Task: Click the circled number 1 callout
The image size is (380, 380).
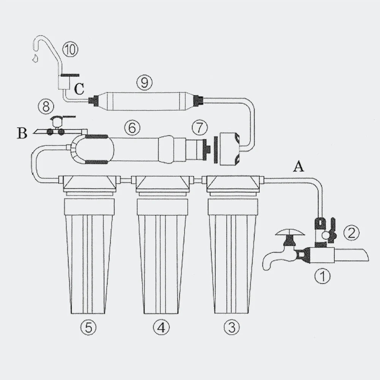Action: click(x=322, y=276)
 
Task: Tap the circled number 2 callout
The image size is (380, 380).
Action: click(x=351, y=233)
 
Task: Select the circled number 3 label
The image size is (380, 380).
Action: click(x=232, y=328)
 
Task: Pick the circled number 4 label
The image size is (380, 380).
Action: click(x=161, y=328)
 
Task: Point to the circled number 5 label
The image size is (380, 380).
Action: click(x=89, y=328)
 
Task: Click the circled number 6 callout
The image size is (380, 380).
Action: click(x=132, y=128)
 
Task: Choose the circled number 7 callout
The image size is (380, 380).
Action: click(x=200, y=127)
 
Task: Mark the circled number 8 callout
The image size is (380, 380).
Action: click(x=46, y=106)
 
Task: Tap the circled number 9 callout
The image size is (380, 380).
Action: click(x=144, y=82)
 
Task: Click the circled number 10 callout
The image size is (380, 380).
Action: click(x=70, y=50)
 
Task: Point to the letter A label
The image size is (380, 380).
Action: click(x=298, y=167)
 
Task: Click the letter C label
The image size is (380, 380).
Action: click(x=79, y=89)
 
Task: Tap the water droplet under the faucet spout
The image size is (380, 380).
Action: click(x=35, y=58)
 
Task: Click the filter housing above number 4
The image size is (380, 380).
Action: click(x=162, y=244)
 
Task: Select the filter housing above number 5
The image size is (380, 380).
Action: click(x=89, y=244)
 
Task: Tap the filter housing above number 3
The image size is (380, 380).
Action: click(x=232, y=244)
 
